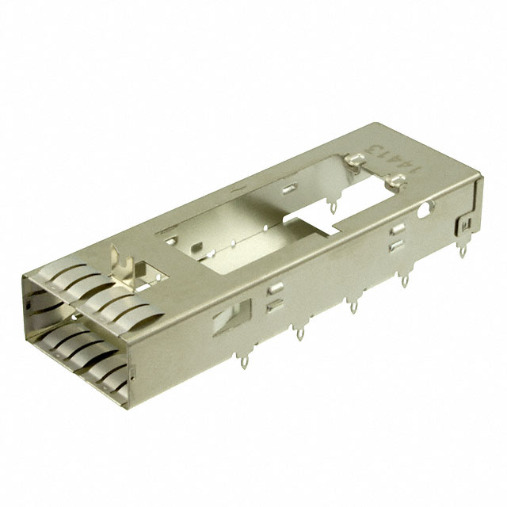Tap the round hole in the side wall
(x=428, y=211)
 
